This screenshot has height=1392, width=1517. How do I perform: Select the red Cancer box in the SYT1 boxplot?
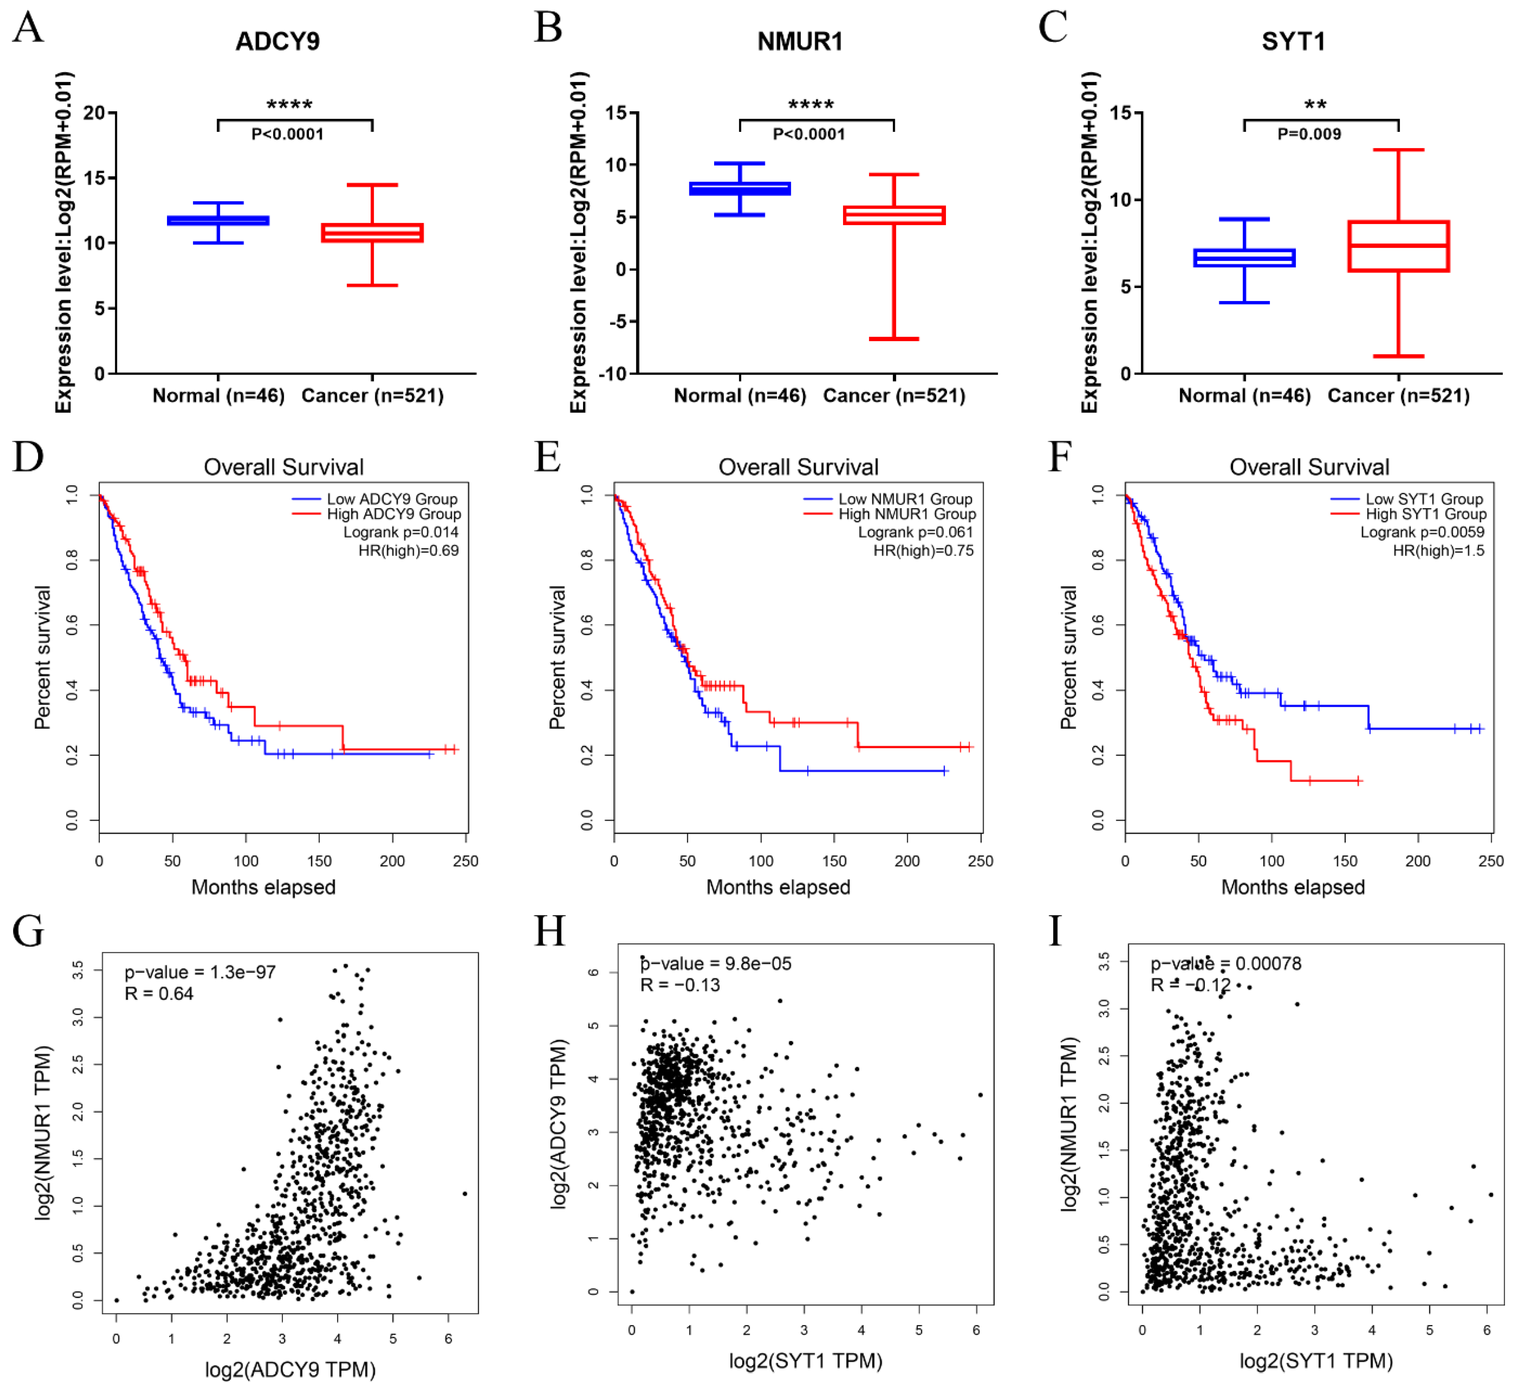(1398, 246)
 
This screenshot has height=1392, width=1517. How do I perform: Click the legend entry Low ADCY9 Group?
(391, 499)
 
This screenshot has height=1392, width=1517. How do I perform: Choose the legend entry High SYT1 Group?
(1425, 514)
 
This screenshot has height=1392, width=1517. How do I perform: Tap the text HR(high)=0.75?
(923, 550)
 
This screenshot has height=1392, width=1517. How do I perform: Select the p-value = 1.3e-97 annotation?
(200, 972)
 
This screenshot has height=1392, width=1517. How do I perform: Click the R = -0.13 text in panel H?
(680, 985)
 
